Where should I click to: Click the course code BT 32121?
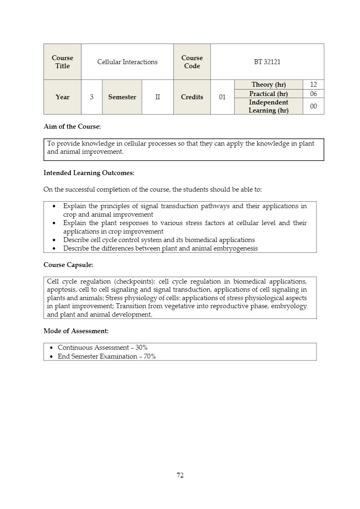click(x=267, y=62)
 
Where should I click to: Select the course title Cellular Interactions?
click(x=127, y=62)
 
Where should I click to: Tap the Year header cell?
click(x=62, y=97)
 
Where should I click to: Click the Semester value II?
click(x=158, y=97)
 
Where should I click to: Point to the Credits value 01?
click(x=222, y=97)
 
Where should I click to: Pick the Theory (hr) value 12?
click(x=313, y=84)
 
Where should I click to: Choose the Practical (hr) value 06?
click(x=313, y=94)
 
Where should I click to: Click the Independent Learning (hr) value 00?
click(x=313, y=106)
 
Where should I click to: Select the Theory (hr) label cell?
click(x=268, y=84)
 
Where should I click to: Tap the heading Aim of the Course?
click(x=72, y=126)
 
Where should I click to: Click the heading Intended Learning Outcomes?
click(x=89, y=173)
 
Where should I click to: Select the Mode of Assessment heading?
click(x=76, y=331)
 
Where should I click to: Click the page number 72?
click(x=180, y=475)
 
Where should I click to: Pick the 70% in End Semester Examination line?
click(x=150, y=356)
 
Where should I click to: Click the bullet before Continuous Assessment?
click(x=51, y=348)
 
